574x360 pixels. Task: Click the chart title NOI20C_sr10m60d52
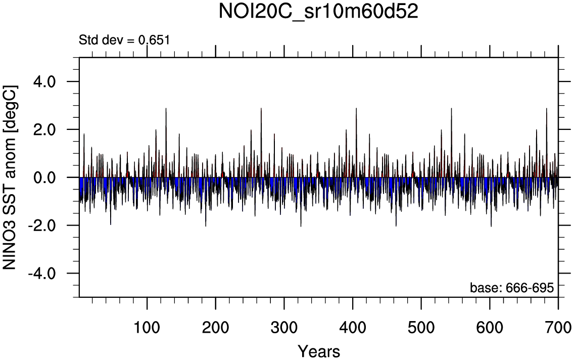pyautogui.click(x=318, y=12)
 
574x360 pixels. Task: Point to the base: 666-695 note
pyautogui.click(x=512, y=288)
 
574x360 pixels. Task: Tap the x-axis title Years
pyautogui.click(x=318, y=350)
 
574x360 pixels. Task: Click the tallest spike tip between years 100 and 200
pyautogui.click(x=166, y=108)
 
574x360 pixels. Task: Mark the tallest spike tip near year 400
pyautogui.click(x=356, y=108)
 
